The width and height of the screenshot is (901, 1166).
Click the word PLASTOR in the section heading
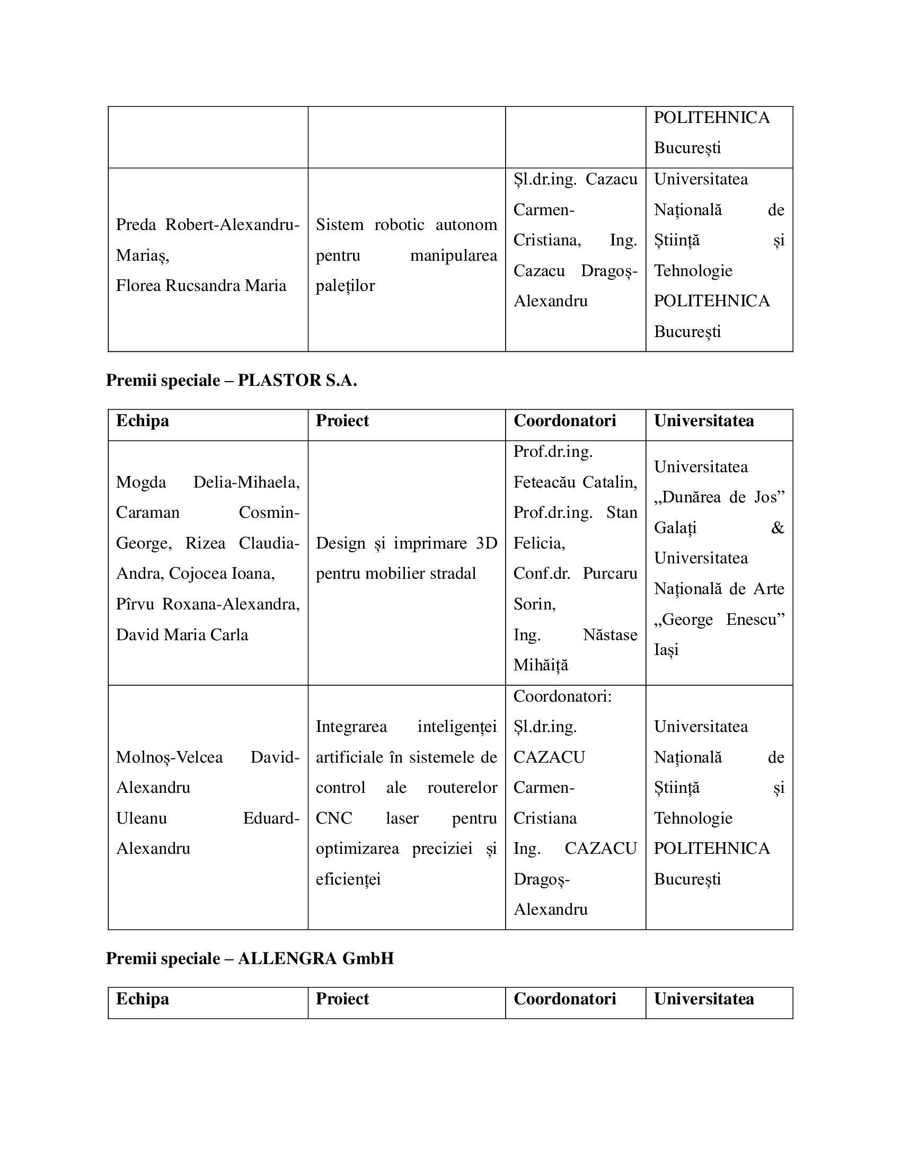click(x=279, y=381)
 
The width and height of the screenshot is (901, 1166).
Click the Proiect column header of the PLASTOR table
click(x=342, y=421)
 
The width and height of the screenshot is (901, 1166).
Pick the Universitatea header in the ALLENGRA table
click(x=703, y=999)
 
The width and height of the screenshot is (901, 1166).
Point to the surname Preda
click(x=136, y=225)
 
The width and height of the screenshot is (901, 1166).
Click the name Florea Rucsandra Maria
click(x=201, y=286)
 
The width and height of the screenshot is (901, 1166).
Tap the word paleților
click(x=345, y=286)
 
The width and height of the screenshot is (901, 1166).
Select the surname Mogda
click(x=141, y=482)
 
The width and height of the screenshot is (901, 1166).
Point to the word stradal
click(x=452, y=573)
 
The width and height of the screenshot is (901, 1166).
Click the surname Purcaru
click(x=609, y=573)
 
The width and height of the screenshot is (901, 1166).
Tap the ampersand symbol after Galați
click(x=777, y=528)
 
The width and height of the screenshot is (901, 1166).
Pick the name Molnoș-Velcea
click(x=169, y=757)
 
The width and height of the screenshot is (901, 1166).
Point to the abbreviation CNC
click(x=333, y=818)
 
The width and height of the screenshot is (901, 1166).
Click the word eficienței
click(x=348, y=879)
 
